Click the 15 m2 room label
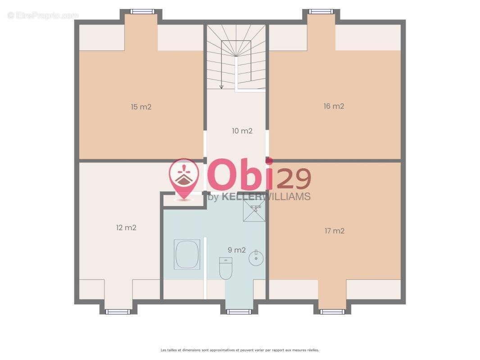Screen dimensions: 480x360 (141, 107)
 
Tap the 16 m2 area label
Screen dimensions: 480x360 (334, 106)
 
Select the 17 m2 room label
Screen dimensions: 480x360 (334, 230)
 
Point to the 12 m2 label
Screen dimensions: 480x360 (126, 228)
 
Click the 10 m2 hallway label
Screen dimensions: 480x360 (242, 131)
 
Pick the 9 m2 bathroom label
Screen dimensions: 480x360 (237, 250)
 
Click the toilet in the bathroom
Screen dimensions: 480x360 (226, 268)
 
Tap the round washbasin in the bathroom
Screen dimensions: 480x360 (256, 258)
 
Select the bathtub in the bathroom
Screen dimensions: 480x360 (187, 255)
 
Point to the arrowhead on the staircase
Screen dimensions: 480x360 (222, 87)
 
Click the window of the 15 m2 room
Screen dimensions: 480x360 (141, 12)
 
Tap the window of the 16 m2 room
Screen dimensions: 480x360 (321, 12)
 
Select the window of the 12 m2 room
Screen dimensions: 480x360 (118, 312)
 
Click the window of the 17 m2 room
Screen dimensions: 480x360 (332, 312)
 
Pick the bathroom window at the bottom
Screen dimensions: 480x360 (239, 312)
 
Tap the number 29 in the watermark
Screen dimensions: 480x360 (294, 179)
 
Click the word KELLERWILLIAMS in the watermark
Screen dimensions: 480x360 (266, 197)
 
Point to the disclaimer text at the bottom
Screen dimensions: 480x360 (240, 350)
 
